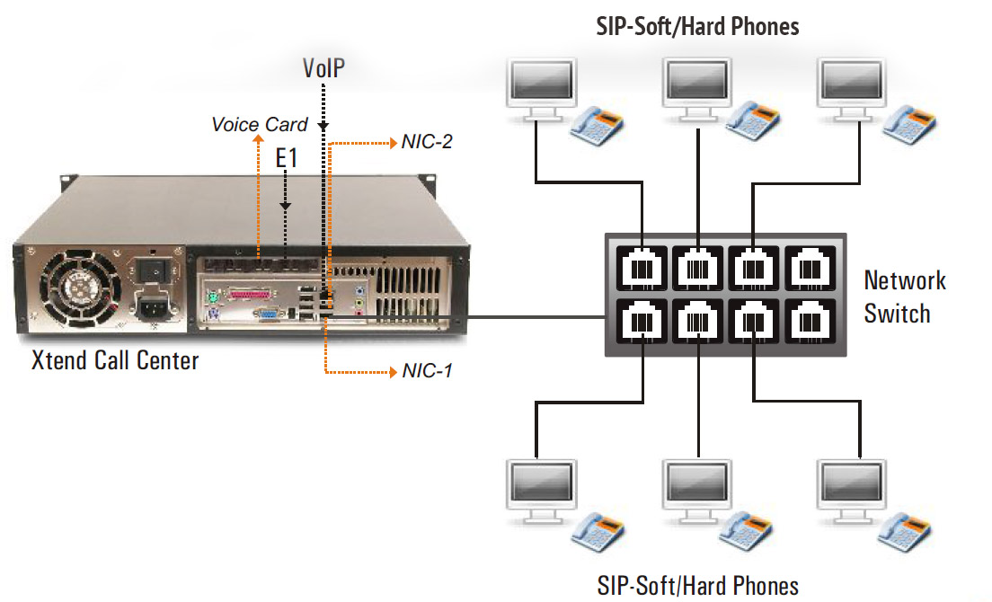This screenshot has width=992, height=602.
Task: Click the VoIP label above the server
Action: pyautogui.click(x=323, y=68)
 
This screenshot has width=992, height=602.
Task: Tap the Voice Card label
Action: pyautogui.click(x=259, y=125)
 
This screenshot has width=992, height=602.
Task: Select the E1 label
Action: pyautogui.click(x=286, y=160)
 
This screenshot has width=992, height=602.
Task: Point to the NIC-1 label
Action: pyautogui.click(x=426, y=371)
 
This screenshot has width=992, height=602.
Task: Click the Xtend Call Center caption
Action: pyautogui.click(x=115, y=360)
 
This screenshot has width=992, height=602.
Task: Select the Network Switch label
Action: pyautogui.click(x=905, y=297)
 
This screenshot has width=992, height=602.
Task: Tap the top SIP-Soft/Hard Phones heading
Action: pyautogui.click(x=697, y=26)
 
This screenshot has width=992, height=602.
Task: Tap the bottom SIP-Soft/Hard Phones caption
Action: pyautogui.click(x=697, y=586)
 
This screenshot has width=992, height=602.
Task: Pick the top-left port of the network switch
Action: pyautogui.click(x=642, y=267)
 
